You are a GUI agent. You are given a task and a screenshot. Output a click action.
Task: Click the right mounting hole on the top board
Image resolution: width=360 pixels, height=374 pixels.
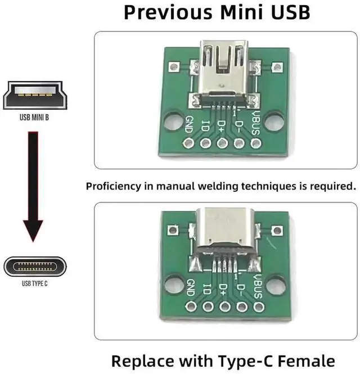(x=274, y=121)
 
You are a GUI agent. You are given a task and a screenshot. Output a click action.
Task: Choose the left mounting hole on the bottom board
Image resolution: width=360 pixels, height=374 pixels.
(x=174, y=285)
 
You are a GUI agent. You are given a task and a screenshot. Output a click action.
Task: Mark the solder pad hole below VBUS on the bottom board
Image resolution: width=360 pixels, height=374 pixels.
(x=259, y=307)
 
